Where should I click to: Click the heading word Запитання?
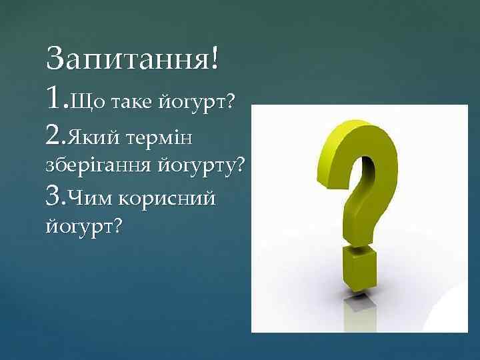(x=126, y=61)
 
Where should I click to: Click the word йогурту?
(x=198, y=166)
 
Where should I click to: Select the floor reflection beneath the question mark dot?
(x=361, y=310)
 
